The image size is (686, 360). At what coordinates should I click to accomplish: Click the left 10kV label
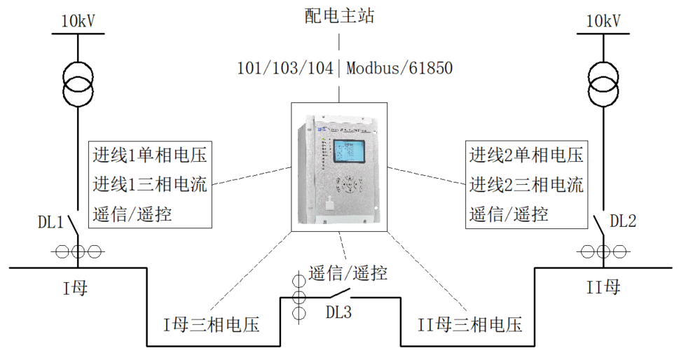pyautogui.click(x=78, y=22)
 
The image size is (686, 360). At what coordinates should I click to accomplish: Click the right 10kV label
pyautogui.click(x=603, y=22)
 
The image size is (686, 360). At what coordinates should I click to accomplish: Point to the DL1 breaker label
pyautogui.click(x=50, y=223)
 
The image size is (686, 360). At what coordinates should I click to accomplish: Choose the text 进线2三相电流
pyautogui.click(x=526, y=185)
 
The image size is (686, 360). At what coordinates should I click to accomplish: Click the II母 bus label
pyautogui.click(x=603, y=287)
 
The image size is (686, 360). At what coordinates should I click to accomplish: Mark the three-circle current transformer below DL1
pyautogui.click(x=78, y=251)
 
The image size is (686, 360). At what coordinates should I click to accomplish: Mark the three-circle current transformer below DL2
pyautogui.click(x=603, y=251)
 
